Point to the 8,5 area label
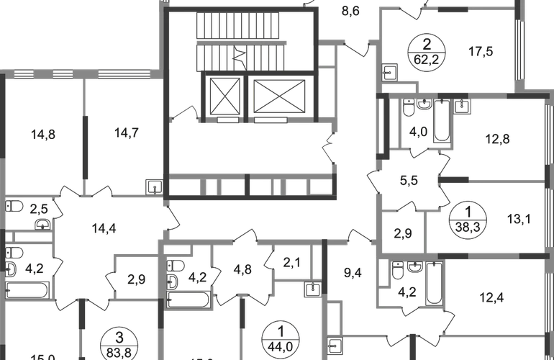click(x=350, y=12)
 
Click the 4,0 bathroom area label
click(x=419, y=132)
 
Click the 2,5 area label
click(x=40, y=209)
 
